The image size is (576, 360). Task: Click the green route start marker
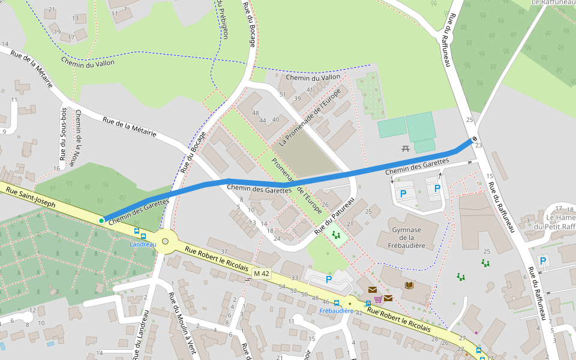[101, 221]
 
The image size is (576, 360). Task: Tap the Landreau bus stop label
[143, 244]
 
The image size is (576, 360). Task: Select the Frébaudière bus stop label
[335, 311]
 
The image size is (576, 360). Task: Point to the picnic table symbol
[406, 148]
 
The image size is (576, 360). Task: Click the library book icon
[409, 285]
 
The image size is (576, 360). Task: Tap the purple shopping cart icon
[378, 298]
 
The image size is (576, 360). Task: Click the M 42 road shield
[261, 274]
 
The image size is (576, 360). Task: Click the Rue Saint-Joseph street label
[30, 197]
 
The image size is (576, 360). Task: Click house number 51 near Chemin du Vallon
[282, 95]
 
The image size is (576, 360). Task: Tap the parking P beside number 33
[328, 279]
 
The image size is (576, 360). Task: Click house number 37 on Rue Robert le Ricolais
[224, 251]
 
